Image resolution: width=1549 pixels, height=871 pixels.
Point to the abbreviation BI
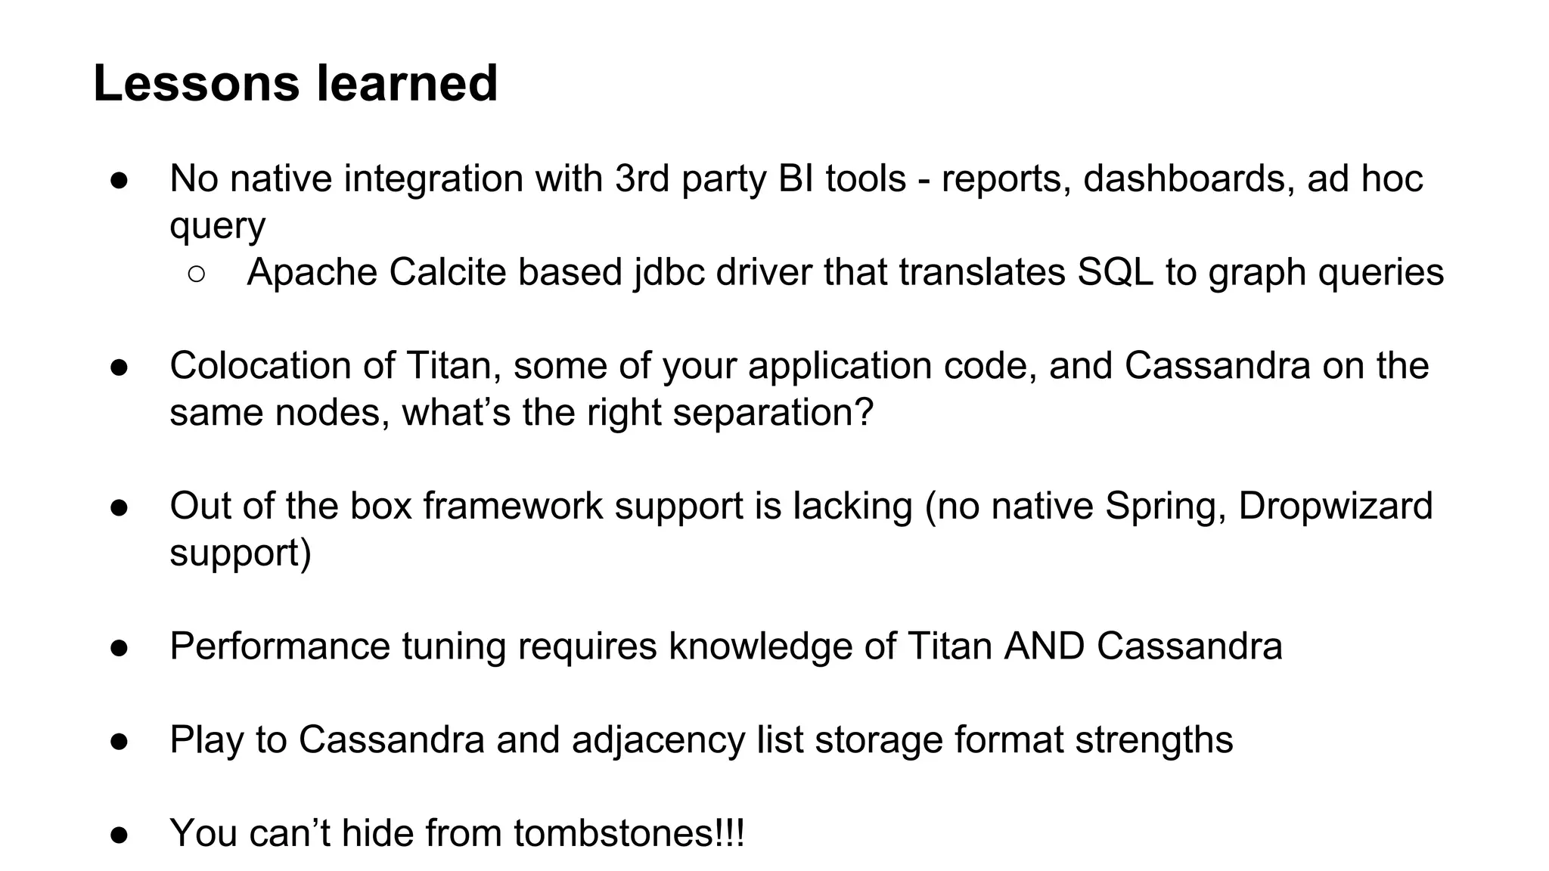(795, 179)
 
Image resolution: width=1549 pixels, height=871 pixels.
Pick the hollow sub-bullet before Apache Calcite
(196, 274)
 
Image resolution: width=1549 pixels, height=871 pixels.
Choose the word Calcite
(447, 272)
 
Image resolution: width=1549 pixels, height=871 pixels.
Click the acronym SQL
(1115, 272)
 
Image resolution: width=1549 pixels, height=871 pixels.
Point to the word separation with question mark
(773, 413)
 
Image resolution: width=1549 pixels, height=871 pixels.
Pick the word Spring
(1165, 506)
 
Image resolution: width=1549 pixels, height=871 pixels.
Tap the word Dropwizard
(1336, 506)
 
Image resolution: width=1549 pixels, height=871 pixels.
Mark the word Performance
(279, 646)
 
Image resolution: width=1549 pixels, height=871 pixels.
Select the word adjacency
(658, 740)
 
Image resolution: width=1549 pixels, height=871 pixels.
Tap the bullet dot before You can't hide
(120, 835)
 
